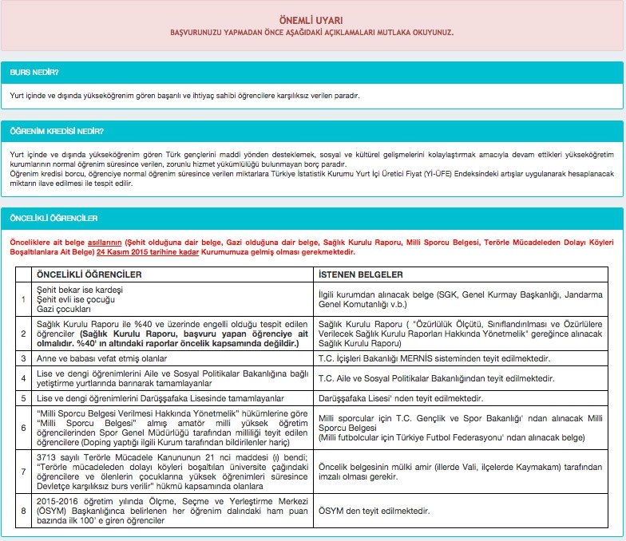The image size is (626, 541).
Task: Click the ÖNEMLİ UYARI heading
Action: coord(312,18)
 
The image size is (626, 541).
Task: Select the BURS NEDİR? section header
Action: coord(34,72)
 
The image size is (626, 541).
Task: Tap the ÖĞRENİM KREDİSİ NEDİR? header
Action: coord(57,130)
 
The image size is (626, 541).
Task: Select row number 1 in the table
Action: coord(24,298)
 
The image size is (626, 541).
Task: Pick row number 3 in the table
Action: coord(24,359)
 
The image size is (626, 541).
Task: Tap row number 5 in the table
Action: coord(24,397)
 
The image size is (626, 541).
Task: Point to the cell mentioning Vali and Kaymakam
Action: coord(460,469)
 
